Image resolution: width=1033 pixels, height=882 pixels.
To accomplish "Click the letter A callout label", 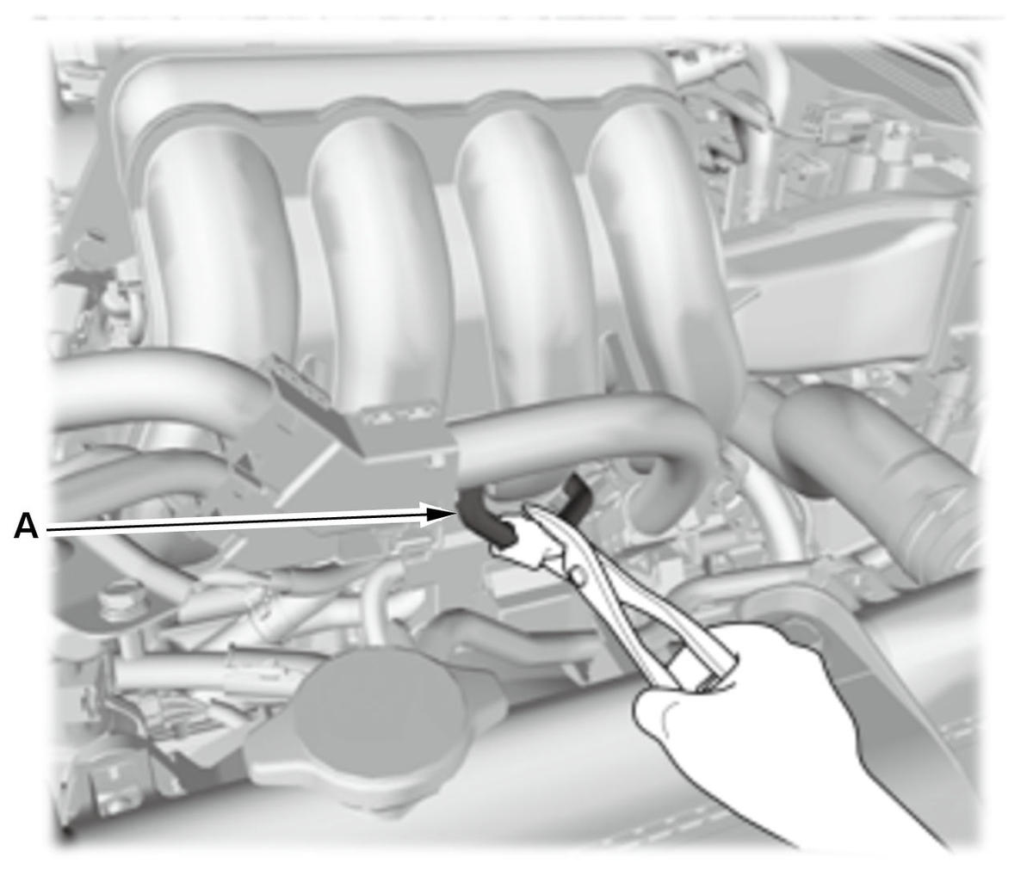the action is (x=26, y=527).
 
